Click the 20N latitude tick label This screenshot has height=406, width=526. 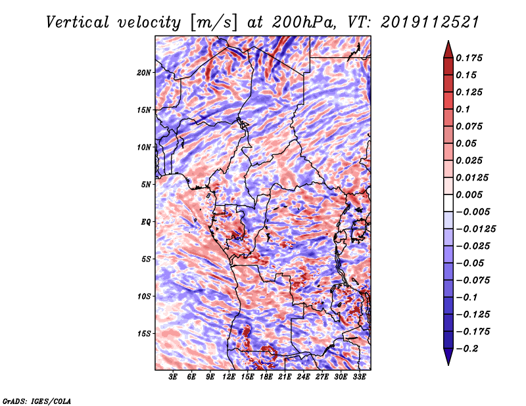(x=143, y=73)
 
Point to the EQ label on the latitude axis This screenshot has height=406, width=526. (x=146, y=222)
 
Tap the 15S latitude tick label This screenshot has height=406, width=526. (x=143, y=334)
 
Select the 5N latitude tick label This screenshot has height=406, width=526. (x=145, y=185)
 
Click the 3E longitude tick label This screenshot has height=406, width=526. (x=173, y=377)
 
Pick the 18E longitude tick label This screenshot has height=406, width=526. (x=266, y=377)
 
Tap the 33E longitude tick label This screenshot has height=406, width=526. (x=359, y=377)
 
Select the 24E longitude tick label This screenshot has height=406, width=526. (x=303, y=377)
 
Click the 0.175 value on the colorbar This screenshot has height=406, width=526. (x=469, y=58)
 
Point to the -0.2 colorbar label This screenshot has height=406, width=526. (x=467, y=349)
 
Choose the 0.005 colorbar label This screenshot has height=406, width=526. (x=469, y=194)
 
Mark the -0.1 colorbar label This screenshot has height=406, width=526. (x=466, y=298)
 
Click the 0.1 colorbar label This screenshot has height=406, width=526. (x=463, y=109)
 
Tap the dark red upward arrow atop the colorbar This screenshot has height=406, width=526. (x=448, y=49)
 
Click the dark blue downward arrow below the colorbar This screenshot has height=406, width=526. (x=448, y=357)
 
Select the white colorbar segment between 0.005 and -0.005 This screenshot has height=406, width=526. (x=448, y=203)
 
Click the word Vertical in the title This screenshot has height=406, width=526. (x=78, y=22)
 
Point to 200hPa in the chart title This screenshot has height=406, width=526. (x=304, y=22)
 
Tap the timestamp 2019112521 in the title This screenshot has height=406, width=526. (x=430, y=22)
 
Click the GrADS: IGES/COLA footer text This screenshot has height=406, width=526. (x=37, y=401)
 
